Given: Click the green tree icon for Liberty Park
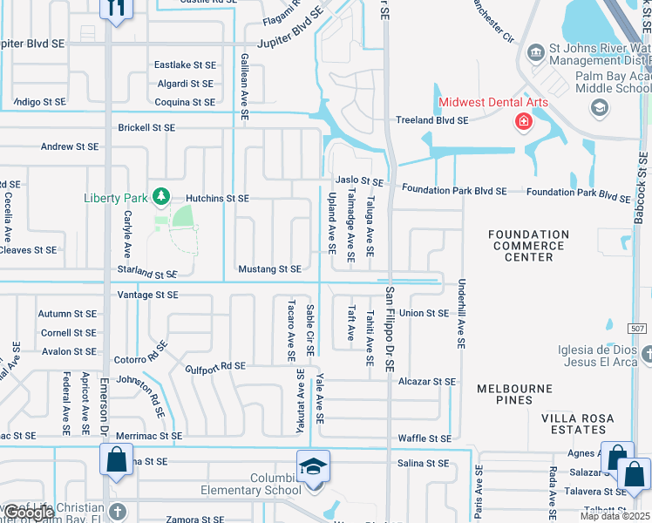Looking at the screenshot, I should click(x=160, y=197).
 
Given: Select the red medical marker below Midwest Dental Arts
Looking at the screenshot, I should click(x=523, y=121).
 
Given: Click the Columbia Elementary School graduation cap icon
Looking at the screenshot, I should click(x=313, y=465).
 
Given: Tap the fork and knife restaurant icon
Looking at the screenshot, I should click(x=116, y=8).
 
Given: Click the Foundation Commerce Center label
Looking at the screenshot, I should click(x=528, y=246).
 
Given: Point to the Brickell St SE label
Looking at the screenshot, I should click(x=146, y=127).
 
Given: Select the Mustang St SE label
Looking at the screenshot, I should click(x=269, y=269).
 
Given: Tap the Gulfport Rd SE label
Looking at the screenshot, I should click(x=214, y=366).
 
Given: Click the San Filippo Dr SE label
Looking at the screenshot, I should click(x=391, y=329).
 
